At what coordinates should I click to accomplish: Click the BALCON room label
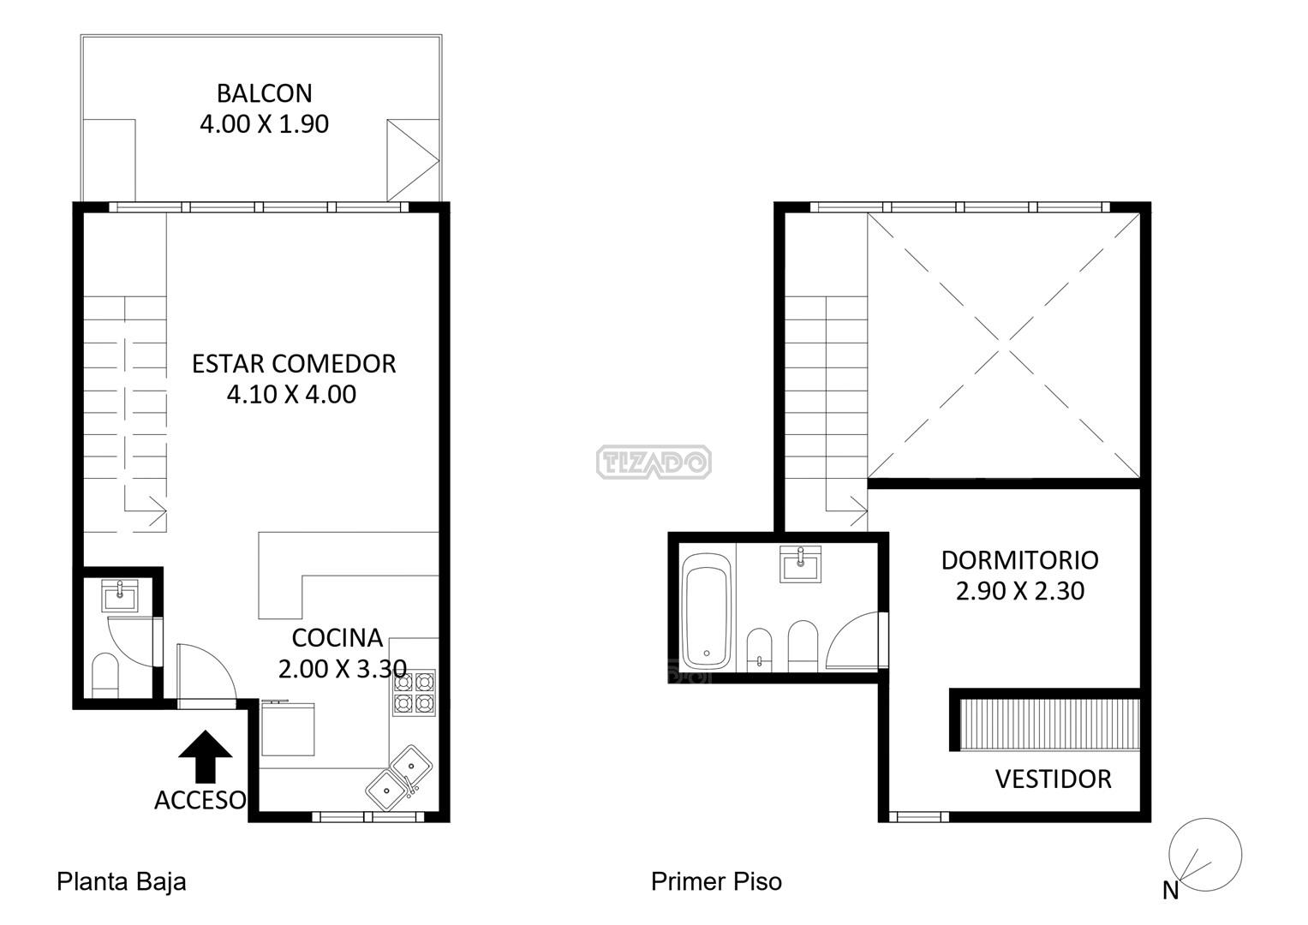[264, 93]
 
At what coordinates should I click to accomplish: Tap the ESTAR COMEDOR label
[294, 364]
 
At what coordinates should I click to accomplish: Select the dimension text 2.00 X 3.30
[342, 669]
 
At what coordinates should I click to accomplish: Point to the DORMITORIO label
[1019, 561]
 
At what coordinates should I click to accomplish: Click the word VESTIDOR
[1053, 779]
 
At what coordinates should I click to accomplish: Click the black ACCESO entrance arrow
[205, 756]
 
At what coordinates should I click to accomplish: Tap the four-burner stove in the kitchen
[414, 693]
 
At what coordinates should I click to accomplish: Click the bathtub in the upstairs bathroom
[707, 611]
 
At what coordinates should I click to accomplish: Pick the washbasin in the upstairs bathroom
[801, 564]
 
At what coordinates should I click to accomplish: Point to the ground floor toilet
[105, 676]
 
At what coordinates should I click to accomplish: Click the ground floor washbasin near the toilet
[120, 595]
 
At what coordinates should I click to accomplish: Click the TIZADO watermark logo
[654, 462]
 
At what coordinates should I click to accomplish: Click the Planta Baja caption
[122, 882]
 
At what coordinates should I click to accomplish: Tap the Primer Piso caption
[716, 882]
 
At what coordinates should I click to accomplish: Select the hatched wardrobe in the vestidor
[1049, 724]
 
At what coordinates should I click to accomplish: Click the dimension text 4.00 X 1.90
[264, 124]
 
